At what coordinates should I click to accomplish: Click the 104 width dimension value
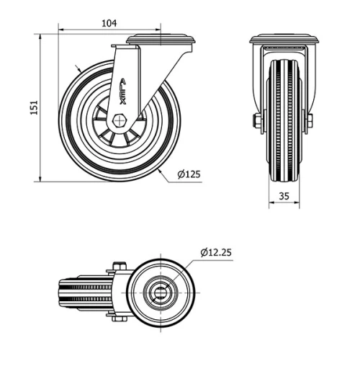[109, 23]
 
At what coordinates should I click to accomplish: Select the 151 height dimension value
[33, 107]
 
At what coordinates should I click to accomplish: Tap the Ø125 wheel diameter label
[189, 174]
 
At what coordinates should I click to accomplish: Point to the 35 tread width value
[284, 195]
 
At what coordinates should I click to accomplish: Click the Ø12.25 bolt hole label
[215, 252]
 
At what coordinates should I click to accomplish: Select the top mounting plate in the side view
[160, 40]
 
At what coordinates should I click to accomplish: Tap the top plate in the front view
[284, 40]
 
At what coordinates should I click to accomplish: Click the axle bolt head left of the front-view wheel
[256, 120]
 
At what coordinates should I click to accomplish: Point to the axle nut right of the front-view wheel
[310, 120]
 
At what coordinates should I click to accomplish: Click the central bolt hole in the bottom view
[159, 292]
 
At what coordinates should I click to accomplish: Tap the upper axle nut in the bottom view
[120, 267]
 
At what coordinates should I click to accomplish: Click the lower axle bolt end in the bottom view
[120, 318]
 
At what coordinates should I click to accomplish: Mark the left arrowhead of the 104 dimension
[60, 31]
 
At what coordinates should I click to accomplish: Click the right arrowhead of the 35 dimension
[298, 204]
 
